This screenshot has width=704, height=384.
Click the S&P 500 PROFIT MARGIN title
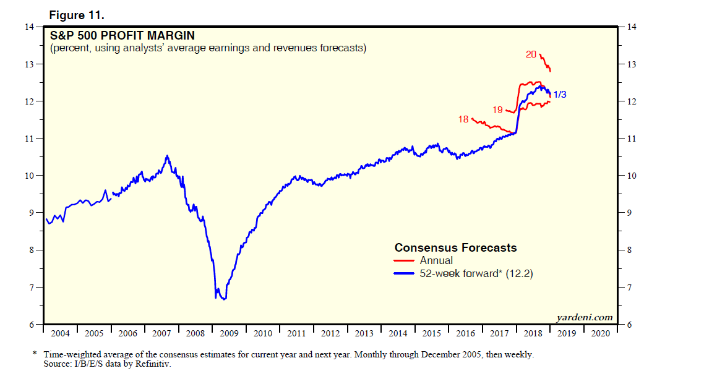tap(114, 35)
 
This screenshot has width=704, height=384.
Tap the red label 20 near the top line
tap(531, 54)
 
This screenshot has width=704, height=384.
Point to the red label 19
tap(497, 110)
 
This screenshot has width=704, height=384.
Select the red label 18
tap(463, 119)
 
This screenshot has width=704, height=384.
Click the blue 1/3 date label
tap(559, 95)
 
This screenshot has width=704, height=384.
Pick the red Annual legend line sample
tap(405, 261)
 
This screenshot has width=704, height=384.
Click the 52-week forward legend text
tap(476, 273)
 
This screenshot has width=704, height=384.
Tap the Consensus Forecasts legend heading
tap(455, 248)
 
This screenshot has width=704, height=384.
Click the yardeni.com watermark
tap(584, 318)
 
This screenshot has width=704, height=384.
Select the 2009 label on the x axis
tap(229, 333)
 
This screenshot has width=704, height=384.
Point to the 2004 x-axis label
tap(60, 333)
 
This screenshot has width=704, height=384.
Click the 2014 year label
tap(398, 333)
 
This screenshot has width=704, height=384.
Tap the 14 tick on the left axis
tap(28, 27)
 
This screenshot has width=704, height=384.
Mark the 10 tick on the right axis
tap(632, 176)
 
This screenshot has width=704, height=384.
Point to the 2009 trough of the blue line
tap(223, 299)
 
